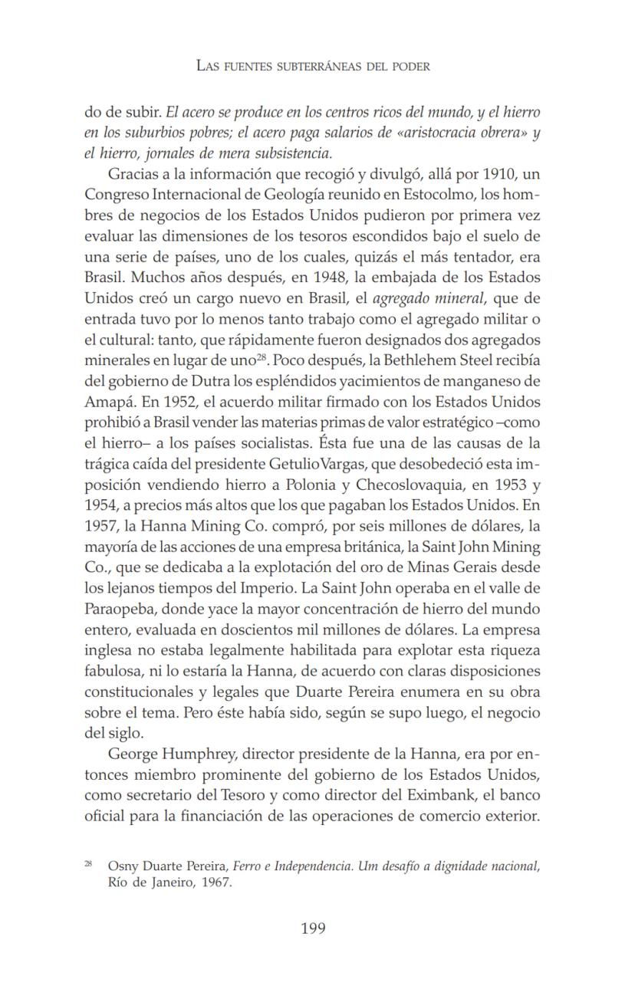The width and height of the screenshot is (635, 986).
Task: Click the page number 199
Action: tap(313, 928)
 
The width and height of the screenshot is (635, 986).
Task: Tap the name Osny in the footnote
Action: tap(123, 866)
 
